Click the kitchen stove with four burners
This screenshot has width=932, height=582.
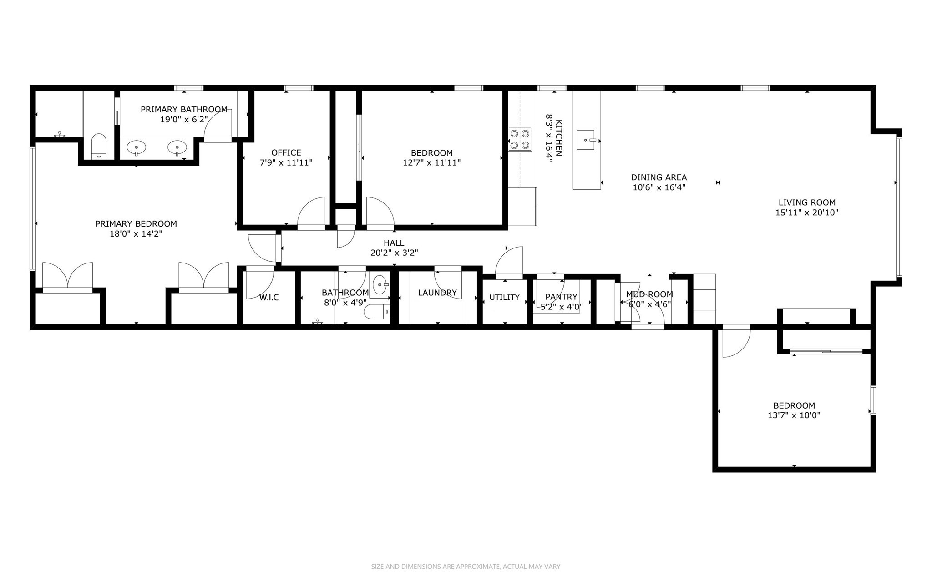click(x=520, y=139)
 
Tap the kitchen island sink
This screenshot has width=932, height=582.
click(x=586, y=140)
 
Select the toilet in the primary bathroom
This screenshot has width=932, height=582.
click(x=99, y=146)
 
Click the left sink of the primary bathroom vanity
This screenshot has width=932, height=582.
click(x=136, y=147)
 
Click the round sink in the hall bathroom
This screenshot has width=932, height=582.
click(x=380, y=285)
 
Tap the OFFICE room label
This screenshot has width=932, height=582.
click(x=286, y=152)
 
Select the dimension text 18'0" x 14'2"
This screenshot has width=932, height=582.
click(x=136, y=234)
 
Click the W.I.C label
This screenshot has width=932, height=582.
click(x=269, y=298)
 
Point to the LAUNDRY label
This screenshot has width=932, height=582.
click(x=437, y=293)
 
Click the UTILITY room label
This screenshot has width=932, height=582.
click(x=504, y=297)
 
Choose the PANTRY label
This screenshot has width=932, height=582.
click(x=561, y=297)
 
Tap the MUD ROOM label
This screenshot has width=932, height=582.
click(x=649, y=294)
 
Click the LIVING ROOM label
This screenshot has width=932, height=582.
click(x=807, y=202)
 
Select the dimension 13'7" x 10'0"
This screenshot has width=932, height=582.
click(x=794, y=415)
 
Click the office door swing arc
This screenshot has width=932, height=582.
click(x=311, y=211)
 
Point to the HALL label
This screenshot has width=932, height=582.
click(x=394, y=243)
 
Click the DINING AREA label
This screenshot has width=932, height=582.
click(x=658, y=177)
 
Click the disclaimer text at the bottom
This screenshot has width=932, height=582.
click(x=466, y=567)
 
